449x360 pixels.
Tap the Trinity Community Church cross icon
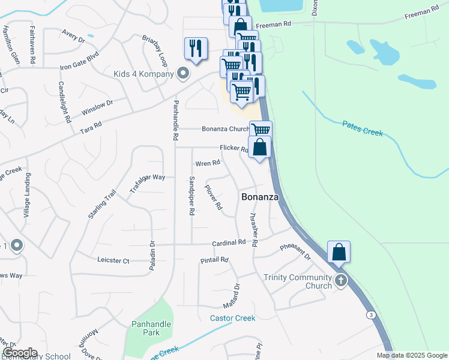point(341,280)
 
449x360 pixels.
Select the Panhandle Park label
point(151,328)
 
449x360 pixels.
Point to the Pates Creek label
point(362,128)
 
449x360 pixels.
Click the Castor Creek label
point(232,318)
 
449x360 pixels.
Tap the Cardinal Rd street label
point(229,243)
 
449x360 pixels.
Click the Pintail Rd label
point(214,260)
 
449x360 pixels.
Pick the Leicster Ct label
point(113,260)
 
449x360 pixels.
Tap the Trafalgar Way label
point(147,184)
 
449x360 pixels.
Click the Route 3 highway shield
point(372,315)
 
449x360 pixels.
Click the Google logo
point(20,353)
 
